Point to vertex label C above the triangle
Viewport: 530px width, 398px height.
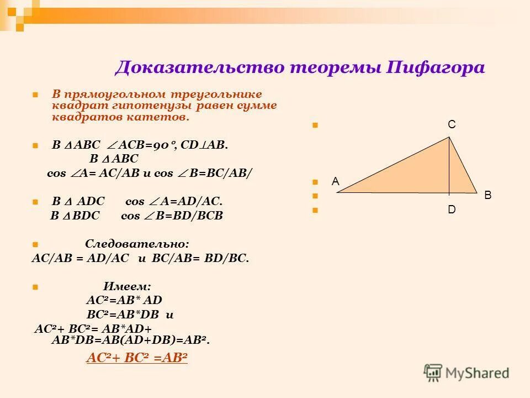[451, 125]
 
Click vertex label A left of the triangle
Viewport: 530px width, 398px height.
[335, 181]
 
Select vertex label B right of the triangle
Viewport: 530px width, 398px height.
[487, 195]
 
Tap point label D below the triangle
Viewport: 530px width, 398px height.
[451, 210]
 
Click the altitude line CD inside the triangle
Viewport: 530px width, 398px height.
[449, 166]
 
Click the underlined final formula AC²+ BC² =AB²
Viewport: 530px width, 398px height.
[137, 358]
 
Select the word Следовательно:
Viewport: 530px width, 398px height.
[137, 244]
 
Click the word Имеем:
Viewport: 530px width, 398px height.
[127, 286]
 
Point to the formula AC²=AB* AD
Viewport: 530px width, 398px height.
[124, 300]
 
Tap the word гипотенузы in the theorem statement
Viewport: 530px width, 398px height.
[134, 106]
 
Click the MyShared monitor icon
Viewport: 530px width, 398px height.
[433, 372]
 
